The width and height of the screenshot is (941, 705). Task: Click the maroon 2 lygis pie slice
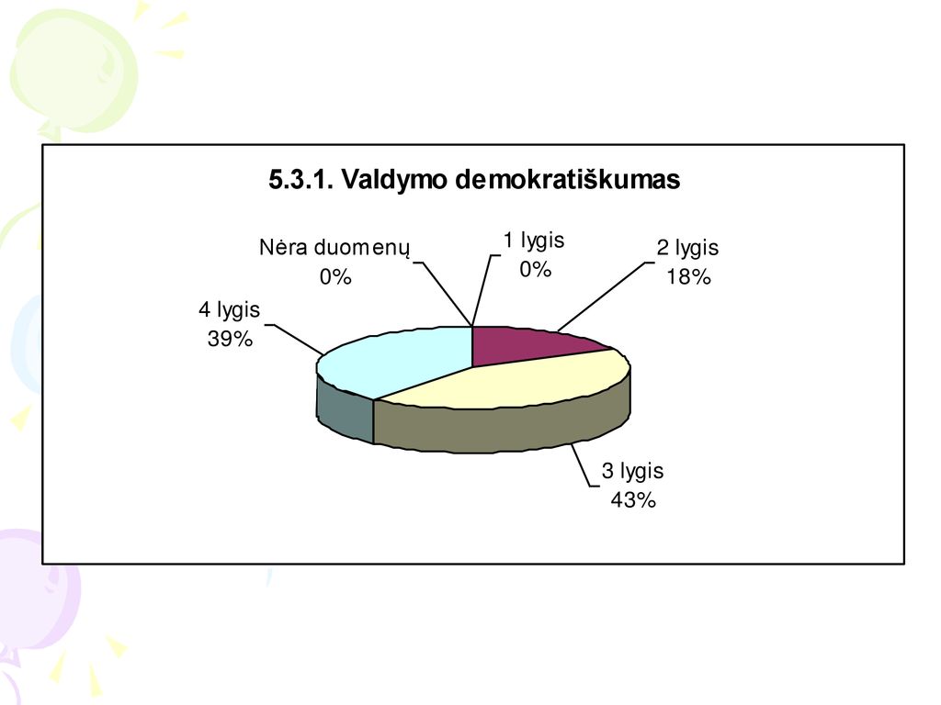tap(528, 346)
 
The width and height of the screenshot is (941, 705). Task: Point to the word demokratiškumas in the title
tap(568, 179)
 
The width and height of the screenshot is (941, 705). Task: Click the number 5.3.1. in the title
tap(300, 179)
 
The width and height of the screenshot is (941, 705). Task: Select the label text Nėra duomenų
tap(334, 247)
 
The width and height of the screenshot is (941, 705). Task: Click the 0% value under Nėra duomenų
tap(334, 277)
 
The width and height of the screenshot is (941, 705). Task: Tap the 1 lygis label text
tap(534, 241)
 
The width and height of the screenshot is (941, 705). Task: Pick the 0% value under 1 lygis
tap(536, 270)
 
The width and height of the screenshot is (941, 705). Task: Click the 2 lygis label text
tap(687, 248)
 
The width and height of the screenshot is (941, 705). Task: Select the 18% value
tap(688, 277)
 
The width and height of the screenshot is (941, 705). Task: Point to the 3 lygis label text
tap(632, 471)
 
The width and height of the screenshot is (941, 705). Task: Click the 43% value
tap(633, 500)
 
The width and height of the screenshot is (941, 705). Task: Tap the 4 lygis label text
tap(229, 310)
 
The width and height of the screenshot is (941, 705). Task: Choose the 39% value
tap(230, 340)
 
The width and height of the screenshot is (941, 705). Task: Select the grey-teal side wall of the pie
tap(345, 408)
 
